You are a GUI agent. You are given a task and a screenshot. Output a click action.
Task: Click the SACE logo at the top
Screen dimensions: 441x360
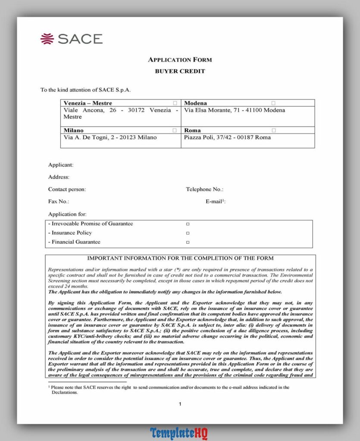72,39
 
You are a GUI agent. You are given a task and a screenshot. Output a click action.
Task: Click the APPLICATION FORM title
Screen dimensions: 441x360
180,60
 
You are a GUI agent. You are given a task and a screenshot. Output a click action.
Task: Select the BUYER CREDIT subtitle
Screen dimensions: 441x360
180,71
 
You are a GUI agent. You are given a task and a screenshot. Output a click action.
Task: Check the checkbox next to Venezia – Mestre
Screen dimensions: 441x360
175,103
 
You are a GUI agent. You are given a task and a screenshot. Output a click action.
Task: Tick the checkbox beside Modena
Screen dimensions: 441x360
273,103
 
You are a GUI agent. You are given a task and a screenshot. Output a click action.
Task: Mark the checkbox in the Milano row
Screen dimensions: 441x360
175,130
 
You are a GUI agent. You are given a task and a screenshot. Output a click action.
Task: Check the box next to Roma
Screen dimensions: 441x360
273,130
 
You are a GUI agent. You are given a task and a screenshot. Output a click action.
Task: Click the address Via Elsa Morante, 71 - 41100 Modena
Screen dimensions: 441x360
235,110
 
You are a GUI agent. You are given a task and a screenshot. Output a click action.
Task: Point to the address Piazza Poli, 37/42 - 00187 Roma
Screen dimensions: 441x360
227,137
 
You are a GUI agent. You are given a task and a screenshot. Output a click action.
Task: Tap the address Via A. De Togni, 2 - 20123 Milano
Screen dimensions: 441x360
110,137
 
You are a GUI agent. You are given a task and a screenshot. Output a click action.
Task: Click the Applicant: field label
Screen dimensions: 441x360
61,165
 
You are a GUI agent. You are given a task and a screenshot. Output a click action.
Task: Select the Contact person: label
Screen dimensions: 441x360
67,189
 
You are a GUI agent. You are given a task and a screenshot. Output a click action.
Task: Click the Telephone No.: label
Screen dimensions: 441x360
205,189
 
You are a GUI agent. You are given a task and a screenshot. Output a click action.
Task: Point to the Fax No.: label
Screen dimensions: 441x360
59,201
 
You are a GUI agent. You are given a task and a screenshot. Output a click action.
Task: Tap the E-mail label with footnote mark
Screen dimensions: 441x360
216,201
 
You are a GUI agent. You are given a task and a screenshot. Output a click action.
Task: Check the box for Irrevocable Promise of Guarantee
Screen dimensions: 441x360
188,224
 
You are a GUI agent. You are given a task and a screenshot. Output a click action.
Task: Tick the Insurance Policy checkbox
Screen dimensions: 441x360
188,233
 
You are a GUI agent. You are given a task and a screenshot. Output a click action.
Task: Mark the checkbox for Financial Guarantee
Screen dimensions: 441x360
188,242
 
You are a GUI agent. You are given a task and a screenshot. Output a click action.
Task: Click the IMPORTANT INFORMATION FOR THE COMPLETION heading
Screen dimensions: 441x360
180,258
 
